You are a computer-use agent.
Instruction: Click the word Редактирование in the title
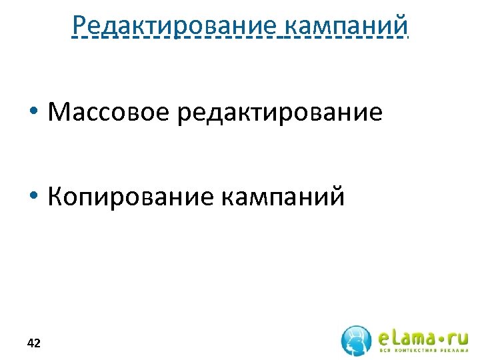175,25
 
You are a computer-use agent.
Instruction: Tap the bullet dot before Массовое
33,112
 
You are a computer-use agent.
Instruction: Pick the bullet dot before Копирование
33,197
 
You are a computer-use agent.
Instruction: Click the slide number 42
33,343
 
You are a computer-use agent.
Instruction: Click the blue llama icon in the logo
357,340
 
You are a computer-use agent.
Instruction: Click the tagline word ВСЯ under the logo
386,351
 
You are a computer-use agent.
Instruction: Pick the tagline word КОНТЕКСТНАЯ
415,351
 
